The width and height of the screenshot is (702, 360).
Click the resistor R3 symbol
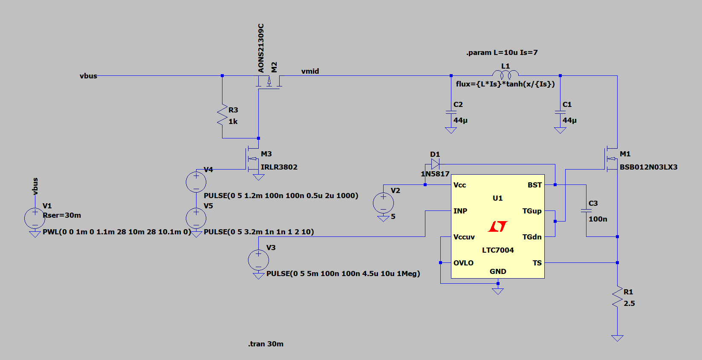click(222, 115)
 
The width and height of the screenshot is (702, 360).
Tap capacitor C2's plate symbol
click(451, 112)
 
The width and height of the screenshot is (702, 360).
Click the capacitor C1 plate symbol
click(560, 112)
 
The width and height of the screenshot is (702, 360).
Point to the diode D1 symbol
click(435, 164)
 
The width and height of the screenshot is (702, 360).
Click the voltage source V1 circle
click(35, 218)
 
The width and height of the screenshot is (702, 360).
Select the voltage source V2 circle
click(383, 203)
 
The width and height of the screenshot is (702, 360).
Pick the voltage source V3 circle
click(258, 260)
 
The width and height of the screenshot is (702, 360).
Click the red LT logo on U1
click(498, 226)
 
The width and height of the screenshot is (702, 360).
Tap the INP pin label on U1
click(460, 211)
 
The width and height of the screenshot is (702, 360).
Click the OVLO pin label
click(463, 263)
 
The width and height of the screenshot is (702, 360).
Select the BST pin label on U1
click(534, 185)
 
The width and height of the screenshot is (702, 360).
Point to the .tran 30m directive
click(266, 344)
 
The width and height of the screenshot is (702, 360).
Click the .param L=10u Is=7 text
click(502, 52)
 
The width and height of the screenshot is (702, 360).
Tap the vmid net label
click(310, 71)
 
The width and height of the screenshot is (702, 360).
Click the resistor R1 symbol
click(617, 297)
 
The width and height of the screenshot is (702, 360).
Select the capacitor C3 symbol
click(586, 210)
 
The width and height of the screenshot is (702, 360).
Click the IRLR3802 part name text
click(279, 167)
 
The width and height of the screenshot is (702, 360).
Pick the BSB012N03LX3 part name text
click(648, 167)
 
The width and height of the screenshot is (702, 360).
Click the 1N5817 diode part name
click(435, 174)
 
